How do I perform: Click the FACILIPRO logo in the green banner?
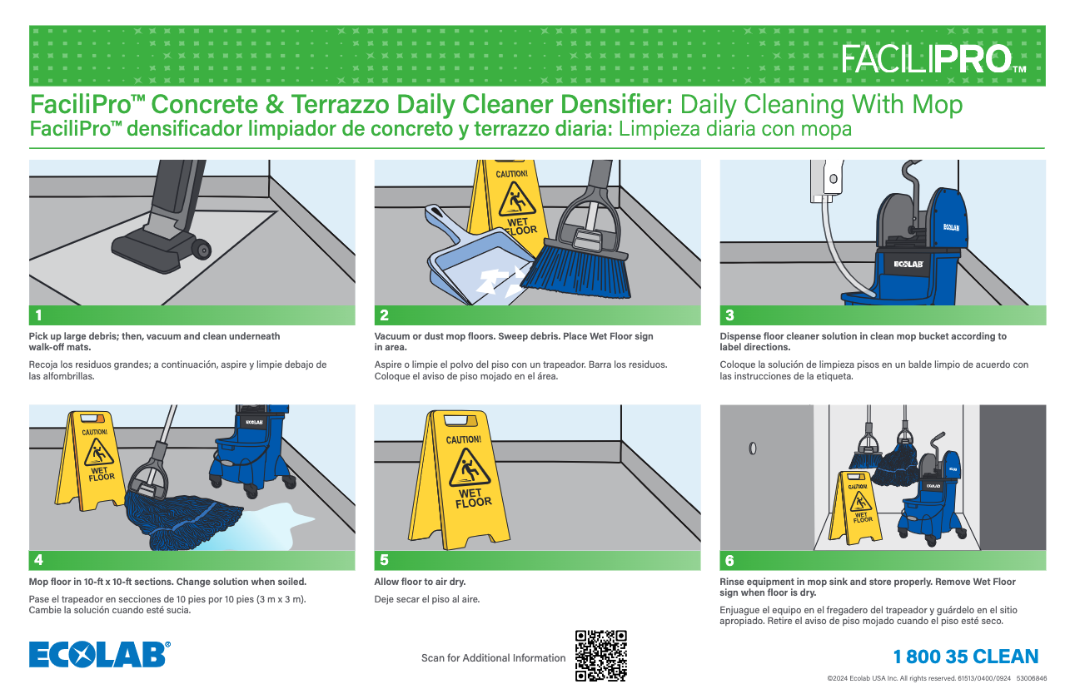(933, 59)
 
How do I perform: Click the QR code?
(600, 656)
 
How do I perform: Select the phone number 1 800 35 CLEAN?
(966, 657)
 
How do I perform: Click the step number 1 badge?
(37, 315)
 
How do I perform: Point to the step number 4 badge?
(37, 560)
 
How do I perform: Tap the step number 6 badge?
(730, 560)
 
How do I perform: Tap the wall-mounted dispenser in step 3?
(829, 181)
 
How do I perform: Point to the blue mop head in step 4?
(187, 516)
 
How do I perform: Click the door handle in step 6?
(753, 449)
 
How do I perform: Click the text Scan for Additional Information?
(493, 658)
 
